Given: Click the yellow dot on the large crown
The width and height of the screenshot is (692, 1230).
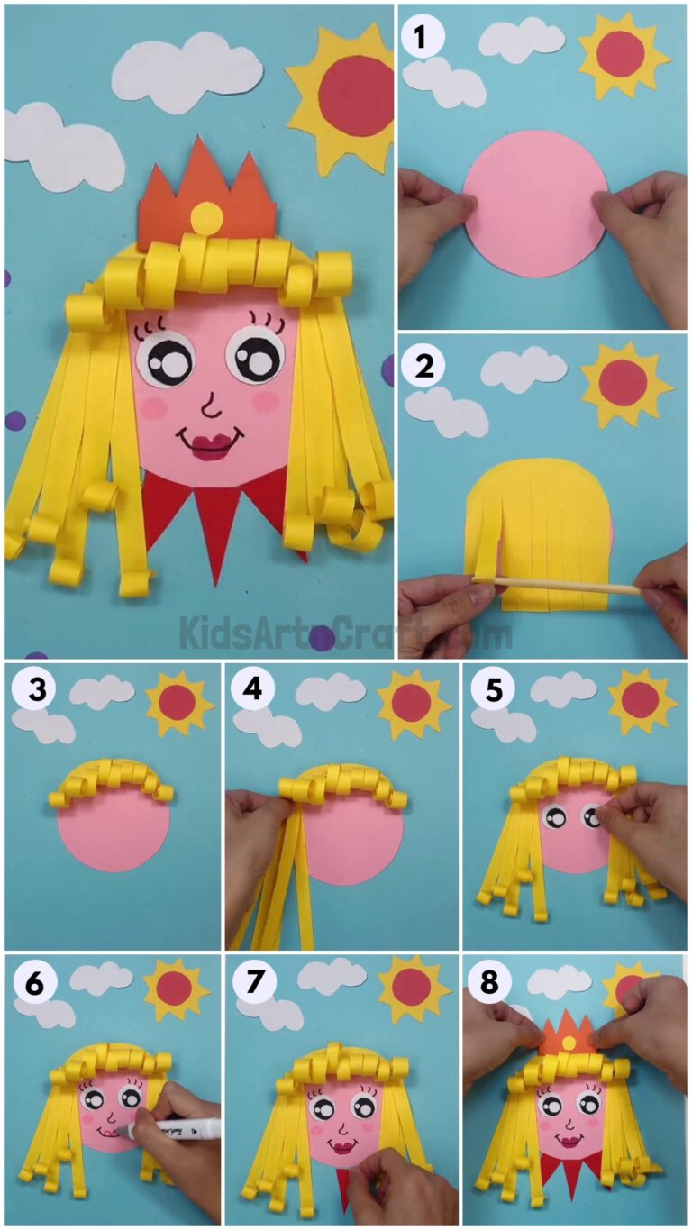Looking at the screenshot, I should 207,217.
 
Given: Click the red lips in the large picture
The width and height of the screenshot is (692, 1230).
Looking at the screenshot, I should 209,443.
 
